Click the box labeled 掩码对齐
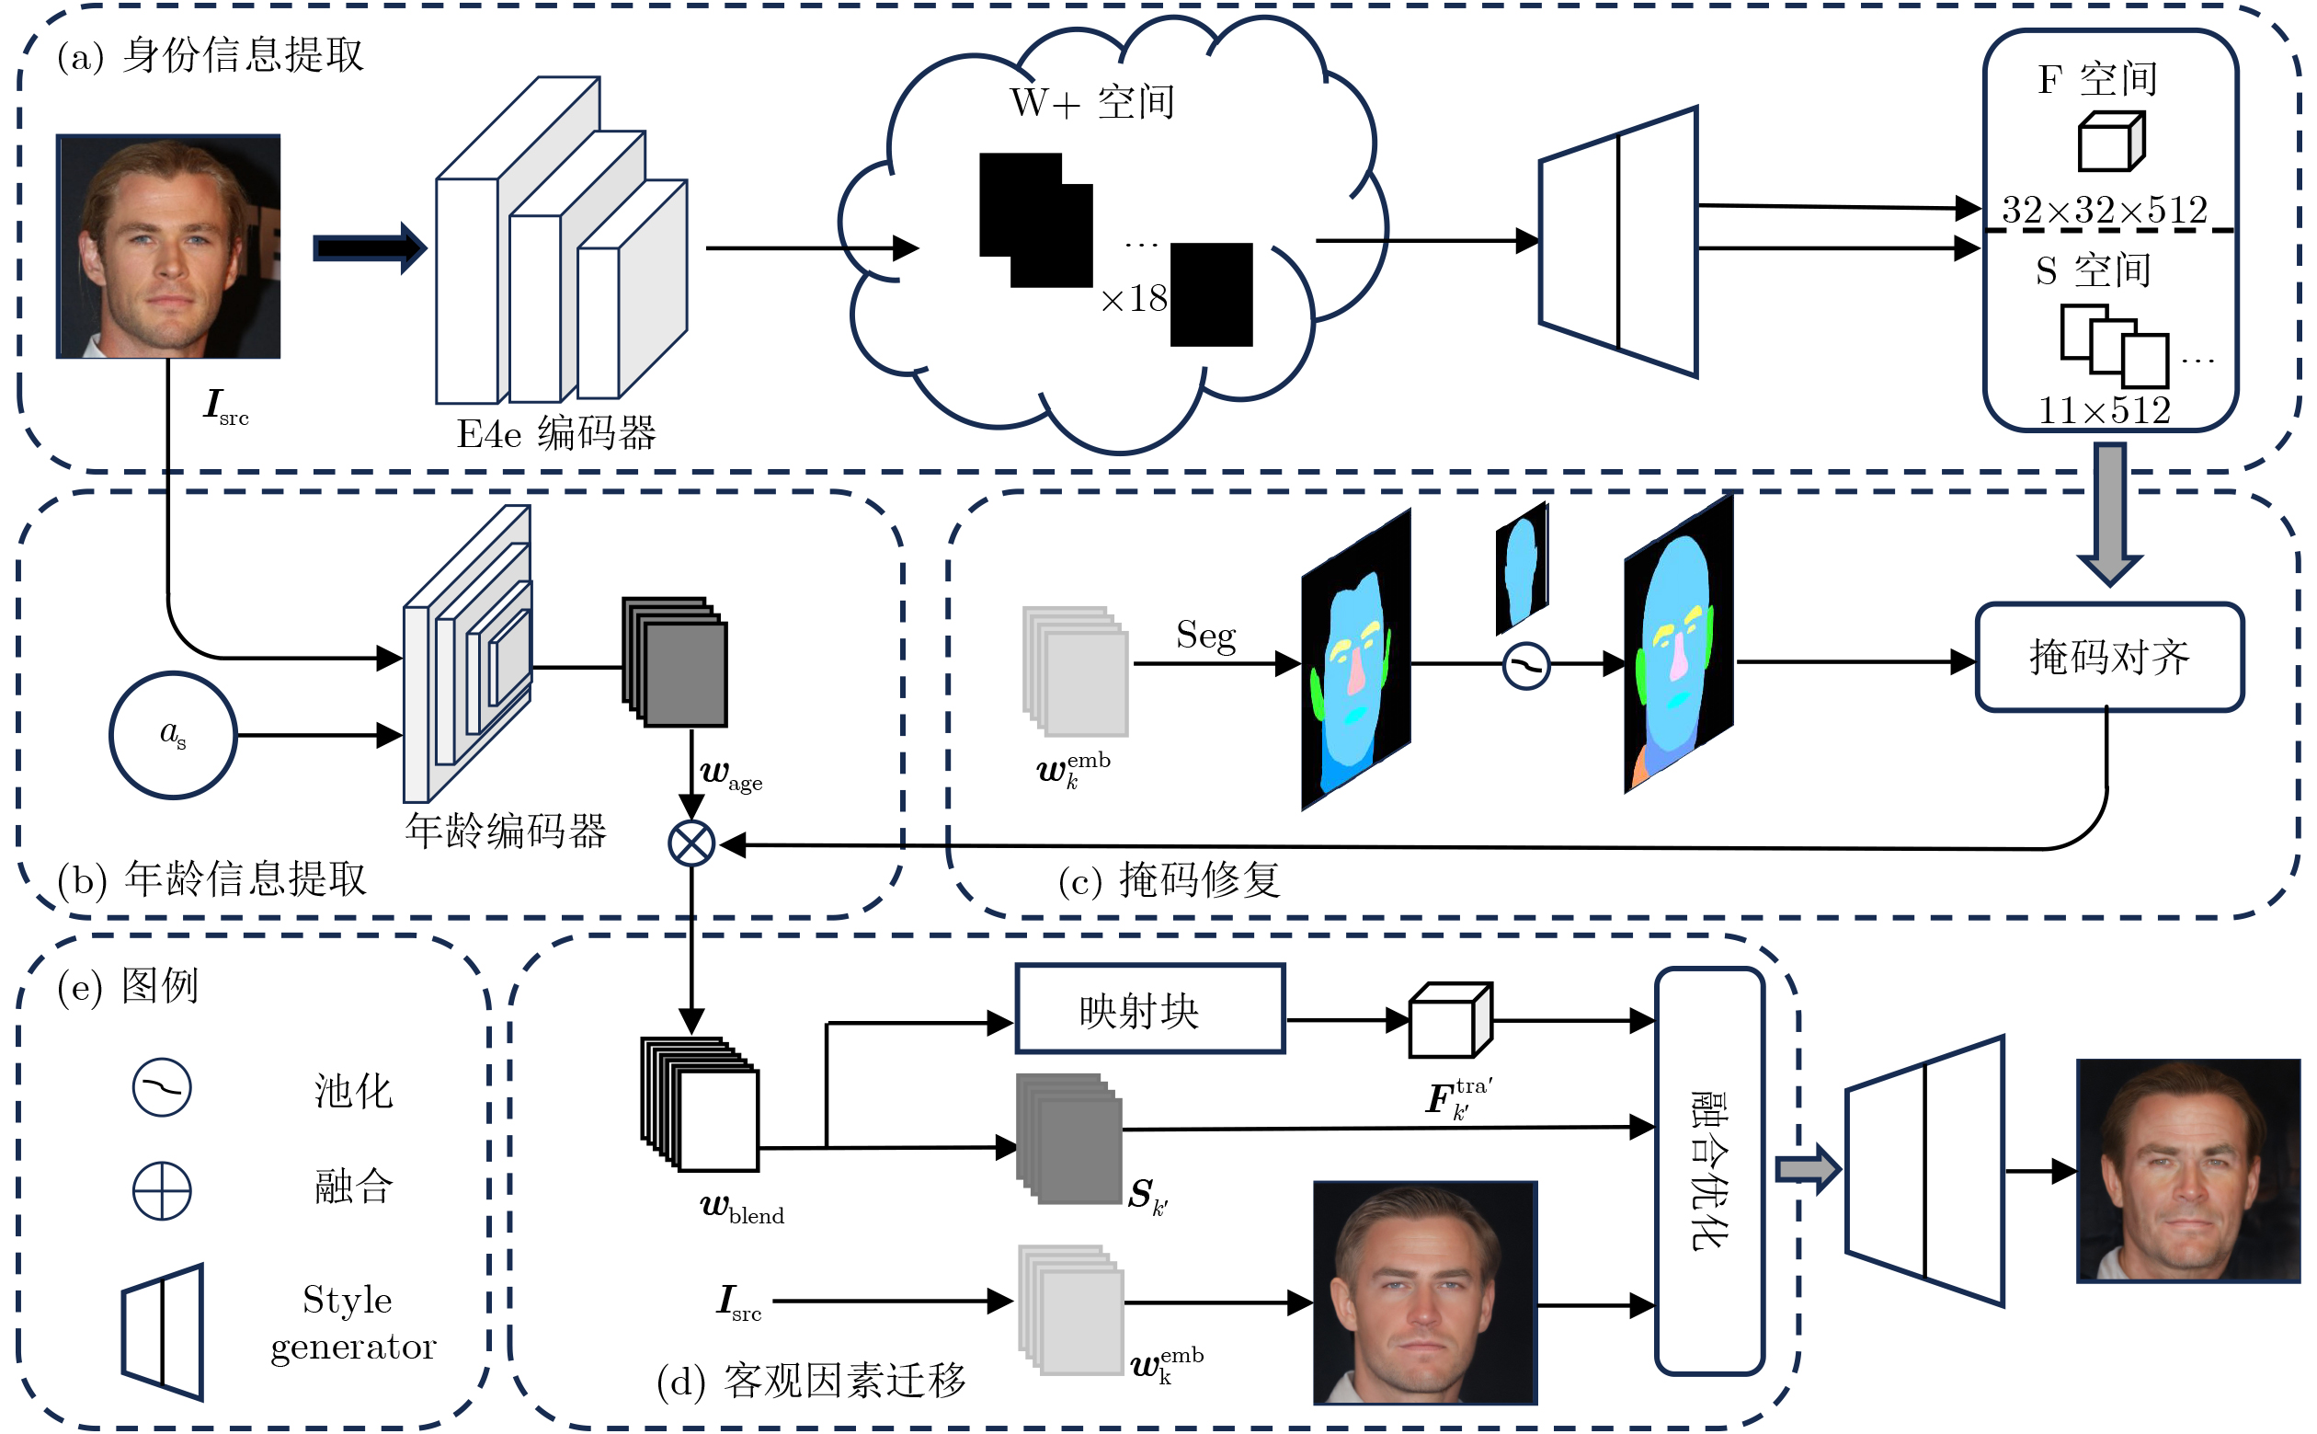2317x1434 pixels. (2108, 657)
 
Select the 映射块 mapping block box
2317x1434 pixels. (1149, 1009)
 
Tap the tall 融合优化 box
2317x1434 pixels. (1708, 1170)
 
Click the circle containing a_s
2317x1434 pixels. (173, 735)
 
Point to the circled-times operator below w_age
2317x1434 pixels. (691, 843)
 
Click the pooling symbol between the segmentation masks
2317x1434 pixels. (1525, 666)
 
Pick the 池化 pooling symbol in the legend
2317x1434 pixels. (161, 1087)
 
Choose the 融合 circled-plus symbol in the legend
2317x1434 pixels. (161, 1190)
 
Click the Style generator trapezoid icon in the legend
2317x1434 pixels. (163, 1332)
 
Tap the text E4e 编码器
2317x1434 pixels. (556, 433)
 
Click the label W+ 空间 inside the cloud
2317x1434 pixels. (1092, 101)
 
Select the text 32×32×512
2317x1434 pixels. (2104, 210)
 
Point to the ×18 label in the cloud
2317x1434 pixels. (1134, 300)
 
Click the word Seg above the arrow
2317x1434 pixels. (1205, 635)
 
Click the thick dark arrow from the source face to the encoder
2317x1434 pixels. (369, 248)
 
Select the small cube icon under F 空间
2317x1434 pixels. (2110, 143)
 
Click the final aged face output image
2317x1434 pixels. (2188, 1170)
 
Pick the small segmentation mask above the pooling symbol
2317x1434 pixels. (1522, 568)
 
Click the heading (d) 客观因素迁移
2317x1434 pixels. (811, 1380)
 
